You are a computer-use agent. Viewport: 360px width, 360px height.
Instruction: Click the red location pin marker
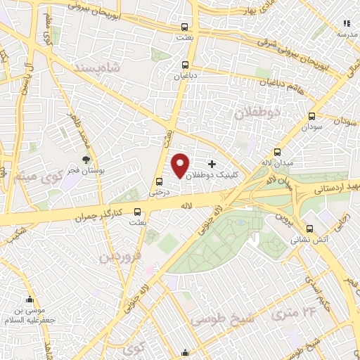tap(181, 165)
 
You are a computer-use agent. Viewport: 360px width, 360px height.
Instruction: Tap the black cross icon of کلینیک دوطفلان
tap(212, 163)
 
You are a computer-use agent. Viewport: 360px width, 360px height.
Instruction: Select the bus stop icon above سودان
tap(311, 117)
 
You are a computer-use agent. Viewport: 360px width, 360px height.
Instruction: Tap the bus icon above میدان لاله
tap(278, 152)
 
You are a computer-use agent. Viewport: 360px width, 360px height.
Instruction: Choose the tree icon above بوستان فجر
tap(86, 160)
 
